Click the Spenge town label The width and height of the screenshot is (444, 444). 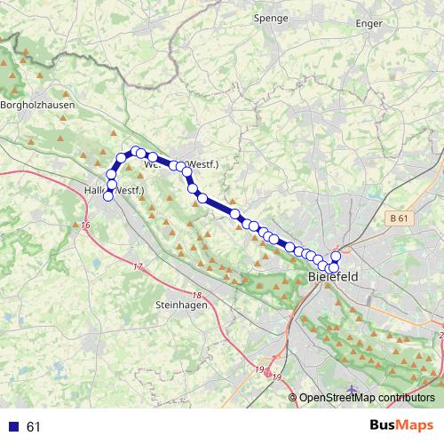pyautogui.click(x=271, y=17)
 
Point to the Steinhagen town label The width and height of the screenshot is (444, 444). pyautogui.click(x=181, y=305)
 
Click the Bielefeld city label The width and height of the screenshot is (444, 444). pyautogui.click(x=333, y=278)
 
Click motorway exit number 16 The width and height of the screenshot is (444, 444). pyautogui.click(x=85, y=226)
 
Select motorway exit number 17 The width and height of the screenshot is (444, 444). pyautogui.click(x=138, y=266)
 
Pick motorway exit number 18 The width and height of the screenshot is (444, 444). pyautogui.click(x=196, y=296)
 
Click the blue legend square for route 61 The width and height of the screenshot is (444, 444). pyautogui.click(x=13, y=427)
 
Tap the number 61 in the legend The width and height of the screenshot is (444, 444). pyautogui.click(x=34, y=427)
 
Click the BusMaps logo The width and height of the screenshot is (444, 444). pyautogui.click(x=400, y=426)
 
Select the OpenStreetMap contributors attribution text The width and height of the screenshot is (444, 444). pyautogui.click(x=367, y=398)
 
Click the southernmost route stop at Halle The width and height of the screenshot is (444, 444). pyautogui.click(x=108, y=196)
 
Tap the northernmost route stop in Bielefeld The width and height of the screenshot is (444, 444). pyautogui.click(x=336, y=257)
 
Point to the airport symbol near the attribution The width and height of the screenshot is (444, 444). pyautogui.click(x=353, y=389)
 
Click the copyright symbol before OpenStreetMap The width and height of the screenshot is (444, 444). pyautogui.click(x=293, y=398)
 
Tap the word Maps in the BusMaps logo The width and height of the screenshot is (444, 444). pyautogui.click(x=416, y=426)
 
